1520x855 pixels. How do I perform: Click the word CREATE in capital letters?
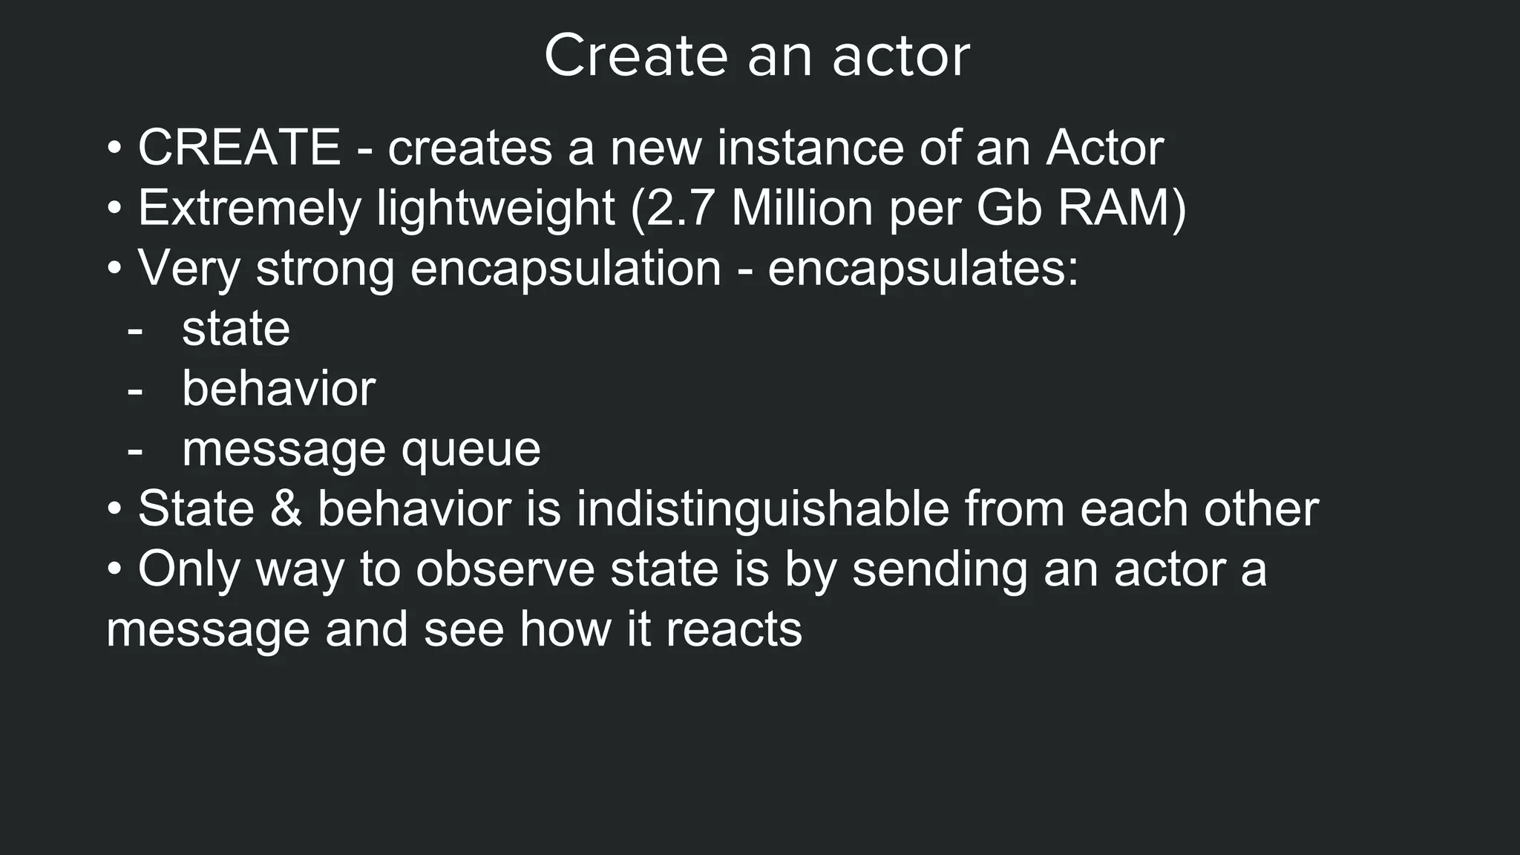point(239,148)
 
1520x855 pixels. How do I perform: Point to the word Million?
point(802,208)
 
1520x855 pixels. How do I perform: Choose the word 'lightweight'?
point(495,209)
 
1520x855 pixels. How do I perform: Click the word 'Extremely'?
point(249,209)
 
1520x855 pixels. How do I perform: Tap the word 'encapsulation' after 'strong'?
point(566,269)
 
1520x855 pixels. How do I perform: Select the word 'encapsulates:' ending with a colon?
point(923,269)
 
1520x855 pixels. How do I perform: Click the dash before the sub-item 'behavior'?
point(134,390)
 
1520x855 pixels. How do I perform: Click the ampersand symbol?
point(286,509)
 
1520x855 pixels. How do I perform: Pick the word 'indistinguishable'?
point(762,509)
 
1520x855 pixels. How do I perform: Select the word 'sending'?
point(940,570)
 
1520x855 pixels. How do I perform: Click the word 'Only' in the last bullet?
point(188,570)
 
